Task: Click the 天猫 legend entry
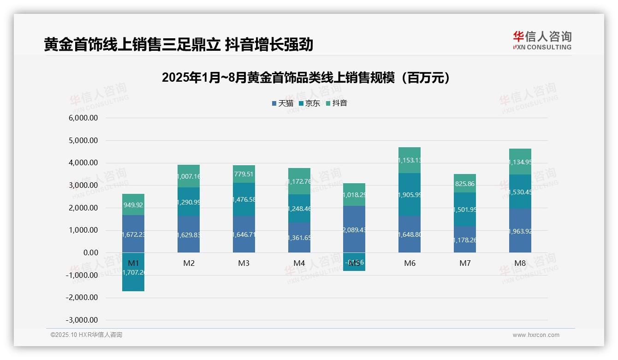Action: pos(283,103)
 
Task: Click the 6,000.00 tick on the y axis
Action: pos(83,118)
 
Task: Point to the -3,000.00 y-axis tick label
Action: pos(82,320)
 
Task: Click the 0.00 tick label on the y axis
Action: pos(90,253)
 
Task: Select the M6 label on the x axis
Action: pos(410,264)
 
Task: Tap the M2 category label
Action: pos(189,264)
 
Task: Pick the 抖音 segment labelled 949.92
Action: pos(133,204)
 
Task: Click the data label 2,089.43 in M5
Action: pos(354,230)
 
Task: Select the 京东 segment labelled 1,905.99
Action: pos(410,195)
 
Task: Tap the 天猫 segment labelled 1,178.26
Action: pos(464,240)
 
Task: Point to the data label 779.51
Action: pos(244,174)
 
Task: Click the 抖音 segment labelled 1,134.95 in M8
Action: pos(520,162)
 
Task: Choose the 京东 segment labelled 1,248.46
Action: pos(299,209)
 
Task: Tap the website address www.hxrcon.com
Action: pos(536,335)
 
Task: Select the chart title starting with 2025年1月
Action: pos(306,78)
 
